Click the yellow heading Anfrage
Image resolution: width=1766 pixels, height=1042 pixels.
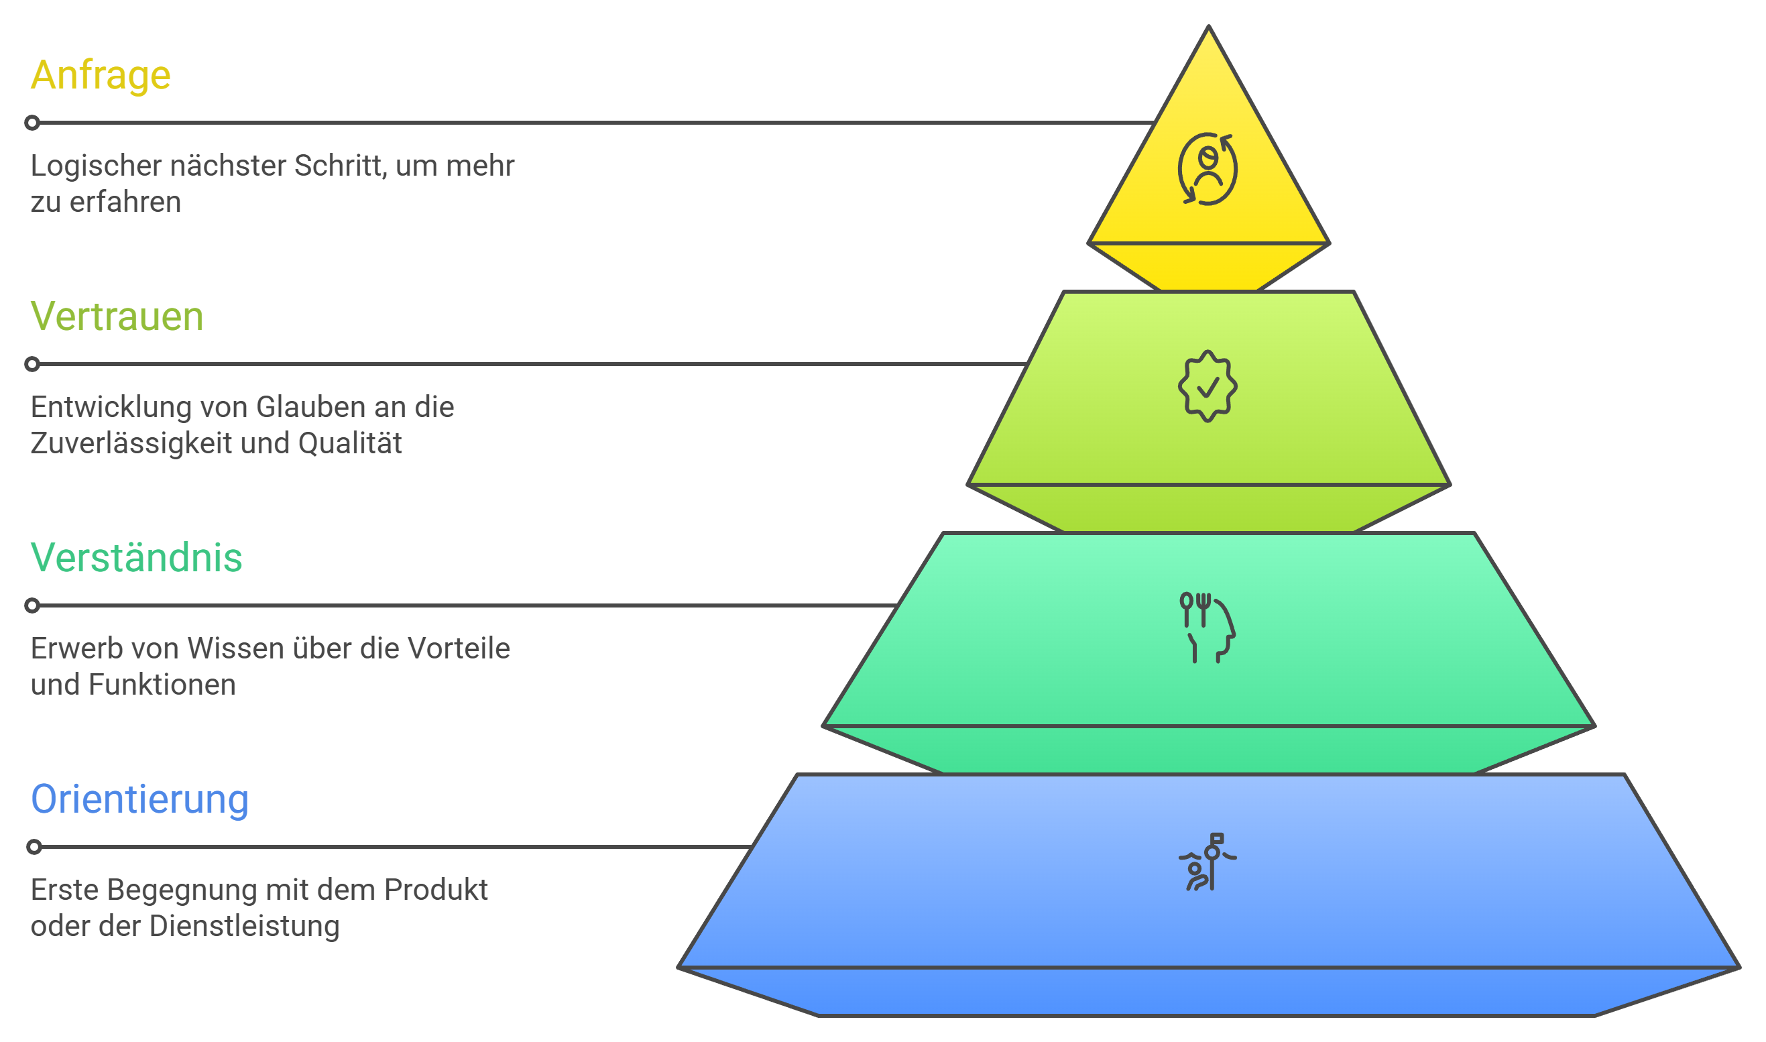tap(101, 75)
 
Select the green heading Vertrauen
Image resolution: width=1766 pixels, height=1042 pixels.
tap(117, 316)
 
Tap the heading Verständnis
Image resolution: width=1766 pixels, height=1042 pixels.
tap(136, 558)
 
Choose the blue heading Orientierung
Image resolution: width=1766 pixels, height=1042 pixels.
tap(139, 800)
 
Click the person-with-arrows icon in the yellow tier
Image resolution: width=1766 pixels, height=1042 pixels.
tap(1208, 169)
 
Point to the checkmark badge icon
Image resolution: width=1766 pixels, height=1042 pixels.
tap(1208, 386)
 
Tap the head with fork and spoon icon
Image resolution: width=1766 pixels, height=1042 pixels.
tap(1208, 628)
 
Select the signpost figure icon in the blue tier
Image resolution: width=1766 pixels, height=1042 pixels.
tap(1208, 862)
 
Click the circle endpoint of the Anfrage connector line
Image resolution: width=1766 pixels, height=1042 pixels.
tap(32, 123)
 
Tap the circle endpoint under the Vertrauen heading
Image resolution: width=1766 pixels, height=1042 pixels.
tap(32, 364)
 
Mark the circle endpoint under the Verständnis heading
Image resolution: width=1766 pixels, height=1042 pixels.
tap(32, 606)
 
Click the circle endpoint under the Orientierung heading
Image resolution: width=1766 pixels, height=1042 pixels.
tap(34, 848)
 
